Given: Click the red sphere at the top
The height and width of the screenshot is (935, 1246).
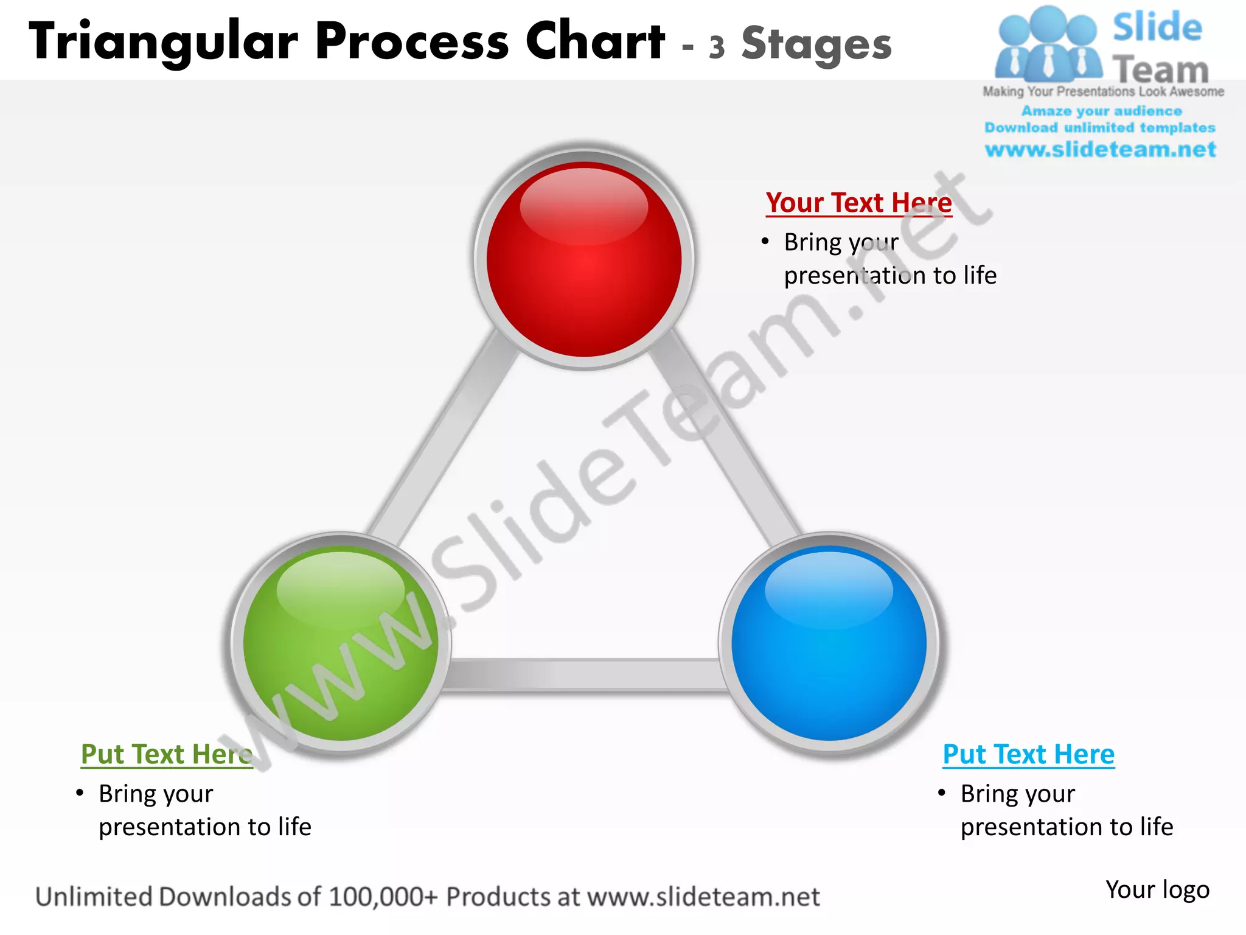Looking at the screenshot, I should (x=584, y=259).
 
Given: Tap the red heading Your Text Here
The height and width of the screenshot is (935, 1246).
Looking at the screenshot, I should (x=858, y=203).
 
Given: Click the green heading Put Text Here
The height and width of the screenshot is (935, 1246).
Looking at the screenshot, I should (x=166, y=754).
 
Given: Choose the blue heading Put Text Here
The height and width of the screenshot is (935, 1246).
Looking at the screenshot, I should (x=1028, y=754).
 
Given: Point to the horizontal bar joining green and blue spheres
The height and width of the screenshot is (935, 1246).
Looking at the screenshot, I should (x=584, y=674).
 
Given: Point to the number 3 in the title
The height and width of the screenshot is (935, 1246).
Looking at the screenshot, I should (x=717, y=47).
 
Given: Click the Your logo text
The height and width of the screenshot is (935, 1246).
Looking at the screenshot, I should (x=1157, y=890).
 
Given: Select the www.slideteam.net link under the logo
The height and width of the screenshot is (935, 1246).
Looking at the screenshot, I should (x=1100, y=150).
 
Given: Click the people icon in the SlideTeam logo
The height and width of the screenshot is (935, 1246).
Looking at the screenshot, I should (x=1048, y=46).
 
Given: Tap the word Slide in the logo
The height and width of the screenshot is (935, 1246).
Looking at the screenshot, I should (x=1157, y=27).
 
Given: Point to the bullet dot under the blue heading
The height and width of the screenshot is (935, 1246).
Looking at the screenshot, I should (x=942, y=793).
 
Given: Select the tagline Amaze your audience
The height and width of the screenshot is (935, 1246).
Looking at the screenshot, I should (x=1101, y=111).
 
